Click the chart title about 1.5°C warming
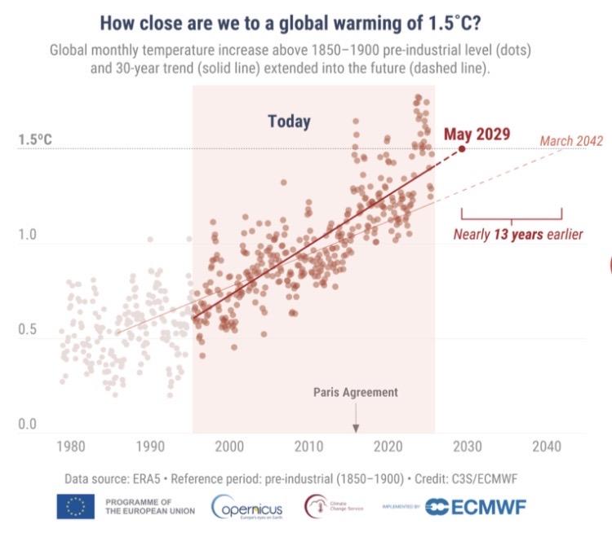(306, 21)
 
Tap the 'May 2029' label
(477, 134)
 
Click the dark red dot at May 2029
(462, 148)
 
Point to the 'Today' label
(289, 122)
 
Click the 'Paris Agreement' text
(356, 392)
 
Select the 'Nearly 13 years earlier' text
(518, 236)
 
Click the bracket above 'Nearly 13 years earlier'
(512, 215)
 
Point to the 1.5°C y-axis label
(35, 140)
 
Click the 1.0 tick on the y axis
(29, 236)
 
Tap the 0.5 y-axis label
(29, 330)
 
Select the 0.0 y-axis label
(29, 425)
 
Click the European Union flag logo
(75, 506)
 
